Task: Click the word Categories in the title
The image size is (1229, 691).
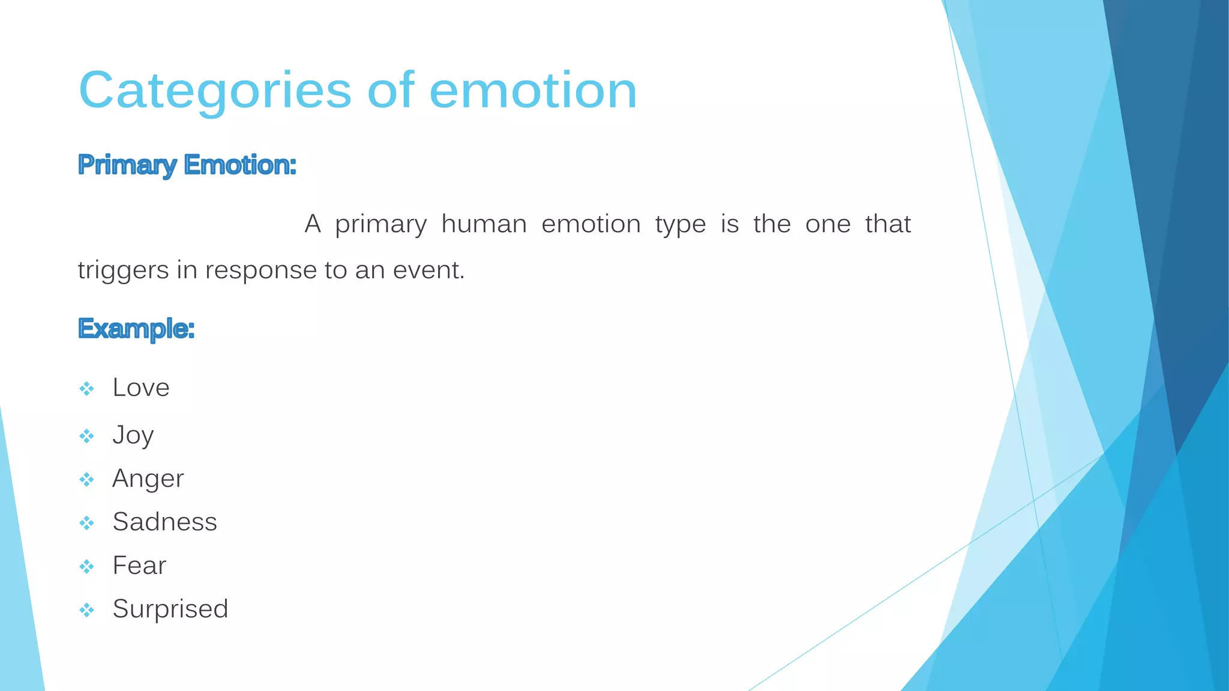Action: point(214,91)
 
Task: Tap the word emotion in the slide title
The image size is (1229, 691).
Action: point(533,91)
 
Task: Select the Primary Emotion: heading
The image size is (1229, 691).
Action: point(187,165)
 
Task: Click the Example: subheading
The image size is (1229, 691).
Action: point(136,329)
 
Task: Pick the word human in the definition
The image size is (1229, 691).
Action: point(484,224)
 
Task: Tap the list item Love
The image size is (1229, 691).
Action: point(141,388)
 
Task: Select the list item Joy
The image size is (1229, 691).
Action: point(133,435)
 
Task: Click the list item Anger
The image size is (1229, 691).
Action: point(148,479)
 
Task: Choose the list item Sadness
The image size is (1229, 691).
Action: point(164,522)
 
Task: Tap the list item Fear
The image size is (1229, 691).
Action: point(139,566)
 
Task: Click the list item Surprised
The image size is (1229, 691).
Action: point(170,609)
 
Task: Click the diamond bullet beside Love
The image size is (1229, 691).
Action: point(86,389)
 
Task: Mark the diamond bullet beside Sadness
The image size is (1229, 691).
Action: point(86,523)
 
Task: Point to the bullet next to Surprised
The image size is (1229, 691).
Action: point(86,611)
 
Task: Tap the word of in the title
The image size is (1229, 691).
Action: point(390,91)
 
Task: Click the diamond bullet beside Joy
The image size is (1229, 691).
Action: point(86,436)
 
